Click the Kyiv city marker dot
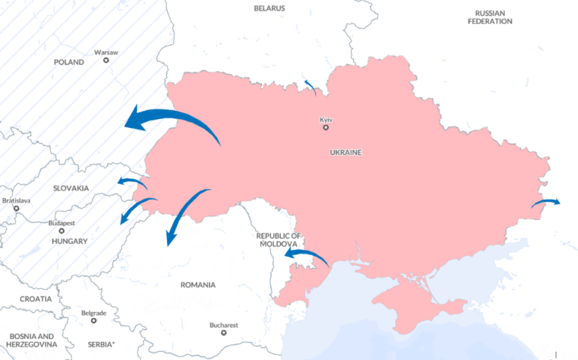(x=326, y=128)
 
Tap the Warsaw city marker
(x=105, y=60)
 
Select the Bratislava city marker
(x=16, y=209)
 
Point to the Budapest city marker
(x=62, y=231)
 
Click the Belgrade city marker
(x=94, y=321)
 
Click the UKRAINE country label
(x=345, y=152)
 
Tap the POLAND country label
(x=69, y=63)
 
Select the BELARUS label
(x=269, y=8)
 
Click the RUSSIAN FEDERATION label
(x=490, y=17)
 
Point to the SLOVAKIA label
(x=71, y=188)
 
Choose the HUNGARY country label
(x=69, y=241)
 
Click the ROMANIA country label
(x=198, y=285)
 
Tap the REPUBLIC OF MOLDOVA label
(x=279, y=239)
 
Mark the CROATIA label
(x=35, y=298)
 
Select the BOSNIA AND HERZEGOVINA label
(x=32, y=340)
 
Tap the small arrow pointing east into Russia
(x=546, y=203)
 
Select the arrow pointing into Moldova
(x=305, y=257)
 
